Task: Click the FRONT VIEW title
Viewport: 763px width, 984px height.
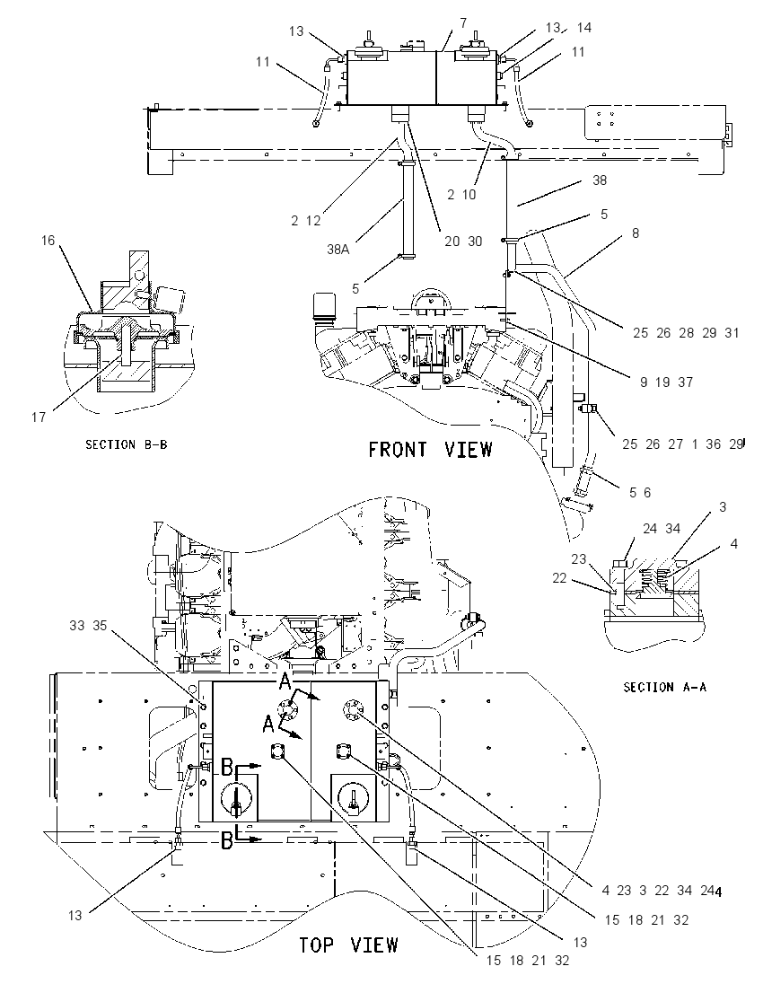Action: click(431, 450)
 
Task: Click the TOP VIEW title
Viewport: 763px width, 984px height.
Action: click(348, 944)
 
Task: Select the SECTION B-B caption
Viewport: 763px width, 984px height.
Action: click(127, 444)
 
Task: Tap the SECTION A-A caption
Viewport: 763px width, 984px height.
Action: click(664, 687)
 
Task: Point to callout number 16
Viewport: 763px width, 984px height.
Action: click(48, 240)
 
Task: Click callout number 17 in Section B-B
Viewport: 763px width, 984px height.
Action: click(39, 417)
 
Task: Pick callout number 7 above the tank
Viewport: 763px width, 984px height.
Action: click(463, 23)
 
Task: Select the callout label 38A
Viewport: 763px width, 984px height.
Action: click(338, 249)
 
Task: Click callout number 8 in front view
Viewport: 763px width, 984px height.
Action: click(636, 233)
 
